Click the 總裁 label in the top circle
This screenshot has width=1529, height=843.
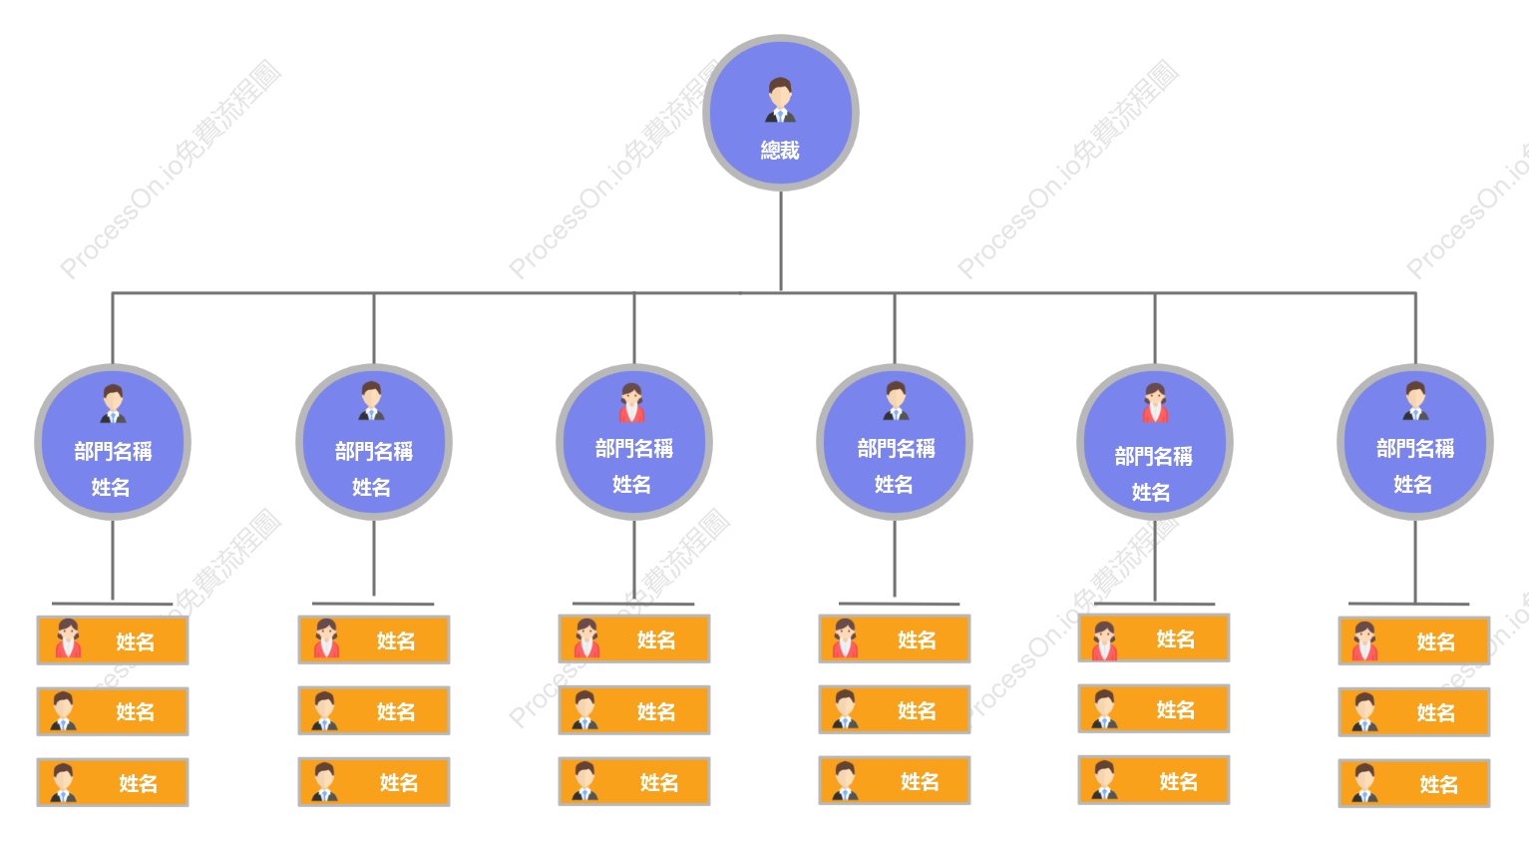click(780, 151)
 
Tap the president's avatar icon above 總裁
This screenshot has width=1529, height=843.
click(780, 100)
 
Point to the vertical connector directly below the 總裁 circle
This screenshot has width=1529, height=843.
click(781, 241)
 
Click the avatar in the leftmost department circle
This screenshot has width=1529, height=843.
click(113, 403)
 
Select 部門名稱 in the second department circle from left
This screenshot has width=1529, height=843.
click(373, 451)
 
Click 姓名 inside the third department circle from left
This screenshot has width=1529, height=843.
click(631, 485)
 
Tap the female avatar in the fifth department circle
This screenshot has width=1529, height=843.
click(1155, 403)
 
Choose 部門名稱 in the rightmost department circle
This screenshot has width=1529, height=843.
click(1415, 449)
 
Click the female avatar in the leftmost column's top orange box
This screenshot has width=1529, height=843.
click(68, 638)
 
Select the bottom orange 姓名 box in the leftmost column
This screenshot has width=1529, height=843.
click(113, 782)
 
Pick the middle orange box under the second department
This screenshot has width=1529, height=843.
click(374, 710)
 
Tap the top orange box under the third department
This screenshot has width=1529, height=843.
click(634, 638)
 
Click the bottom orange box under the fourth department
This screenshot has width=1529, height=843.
click(895, 780)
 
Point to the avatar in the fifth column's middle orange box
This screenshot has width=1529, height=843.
click(1104, 709)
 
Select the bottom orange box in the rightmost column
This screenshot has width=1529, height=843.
click(1414, 783)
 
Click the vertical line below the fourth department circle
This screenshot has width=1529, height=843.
click(895, 559)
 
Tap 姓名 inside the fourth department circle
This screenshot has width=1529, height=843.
click(894, 485)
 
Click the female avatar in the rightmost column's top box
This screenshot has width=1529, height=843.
click(1364, 640)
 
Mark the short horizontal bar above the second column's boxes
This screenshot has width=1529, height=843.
click(373, 604)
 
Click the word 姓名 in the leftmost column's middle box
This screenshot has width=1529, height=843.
click(136, 712)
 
